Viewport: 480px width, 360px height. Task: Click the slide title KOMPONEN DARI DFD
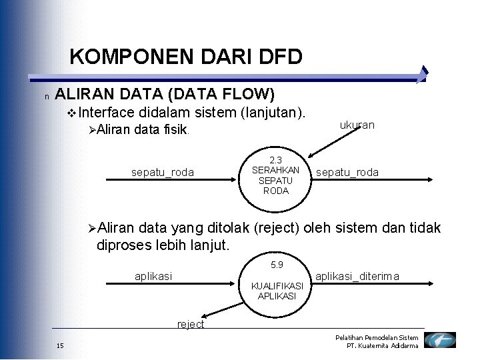pyautogui.click(x=186, y=57)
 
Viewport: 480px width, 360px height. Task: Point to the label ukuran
pyautogui.click(x=357, y=125)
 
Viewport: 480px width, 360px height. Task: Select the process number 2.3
pyautogui.click(x=276, y=160)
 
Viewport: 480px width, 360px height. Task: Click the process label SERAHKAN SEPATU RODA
pyautogui.click(x=276, y=180)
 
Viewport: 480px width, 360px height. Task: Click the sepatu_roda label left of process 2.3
pyautogui.click(x=163, y=173)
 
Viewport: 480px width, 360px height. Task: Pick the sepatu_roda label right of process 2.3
pyautogui.click(x=347, y=173)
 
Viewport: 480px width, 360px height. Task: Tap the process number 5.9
pyautogui.click(x=277, y=265)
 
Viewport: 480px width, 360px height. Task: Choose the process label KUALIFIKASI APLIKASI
pyautogui.click(x=277, y=291)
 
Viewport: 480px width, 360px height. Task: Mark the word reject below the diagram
pyautogui.click(x=191, y=324)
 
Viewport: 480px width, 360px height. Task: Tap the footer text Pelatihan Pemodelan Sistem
pyautogui.click(x=377, y=338)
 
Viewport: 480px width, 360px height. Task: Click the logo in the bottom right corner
pyautogui.click(x=440, y=341)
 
